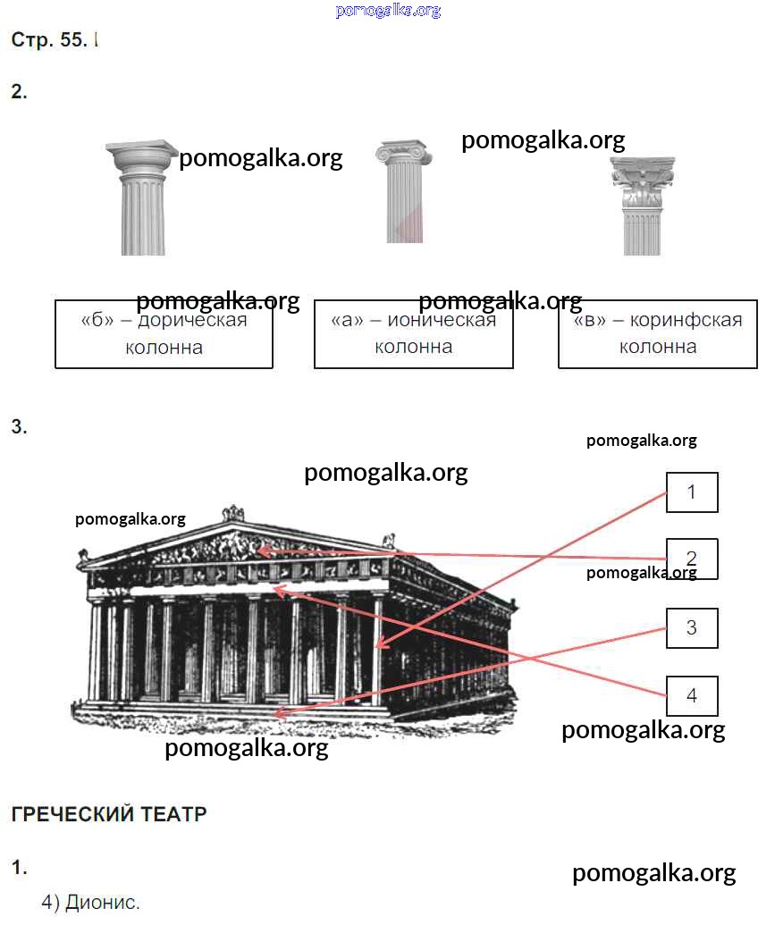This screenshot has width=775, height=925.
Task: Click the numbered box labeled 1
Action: (x=692, y=492)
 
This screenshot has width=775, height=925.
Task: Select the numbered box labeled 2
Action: (x=692, y=559)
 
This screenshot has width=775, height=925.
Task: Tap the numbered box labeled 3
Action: (x=692, y=627)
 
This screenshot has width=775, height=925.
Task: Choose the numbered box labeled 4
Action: (x=692, y=696)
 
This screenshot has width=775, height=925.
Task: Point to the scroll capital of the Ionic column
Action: (x=403, y=152)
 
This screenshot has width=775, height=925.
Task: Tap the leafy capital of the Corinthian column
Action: (x=643, y=182)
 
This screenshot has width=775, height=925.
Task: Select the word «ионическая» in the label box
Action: (x=442, y=320)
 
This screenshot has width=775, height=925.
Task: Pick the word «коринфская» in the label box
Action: (x=686, y=320)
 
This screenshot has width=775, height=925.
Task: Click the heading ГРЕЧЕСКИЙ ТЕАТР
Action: (x=109, y=814)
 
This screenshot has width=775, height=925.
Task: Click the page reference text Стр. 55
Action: (x=48, y=40)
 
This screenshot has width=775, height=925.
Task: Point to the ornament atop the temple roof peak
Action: (x=233, y=512)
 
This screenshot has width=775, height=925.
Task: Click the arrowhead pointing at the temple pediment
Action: (x=261, y=551)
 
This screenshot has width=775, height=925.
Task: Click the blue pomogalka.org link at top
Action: (x=388, y=11)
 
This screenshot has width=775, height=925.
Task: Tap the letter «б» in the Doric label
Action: (x=97, y=320)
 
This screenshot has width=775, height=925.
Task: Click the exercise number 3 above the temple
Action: (x=19, y=427)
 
